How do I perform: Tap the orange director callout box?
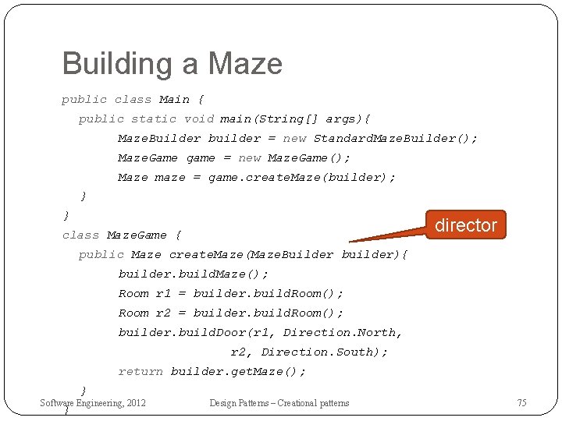tap(465, 225)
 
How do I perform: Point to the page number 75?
tap(521, 403)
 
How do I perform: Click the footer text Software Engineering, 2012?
tap(93, 403)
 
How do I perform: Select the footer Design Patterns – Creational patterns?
tap(279, 403)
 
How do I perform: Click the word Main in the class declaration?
tap(174, 100)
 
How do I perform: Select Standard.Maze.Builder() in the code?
tap(395, 139)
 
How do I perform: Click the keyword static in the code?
tap(154, 119)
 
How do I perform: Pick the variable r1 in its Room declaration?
tap(163, 294)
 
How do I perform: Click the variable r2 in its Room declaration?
tap(163, 313)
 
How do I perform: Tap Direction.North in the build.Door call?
tap(342, 333)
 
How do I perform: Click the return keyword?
tap(140, 372)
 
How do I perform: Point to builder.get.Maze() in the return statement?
tap(238, 372)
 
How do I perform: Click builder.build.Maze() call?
tap(193, 274)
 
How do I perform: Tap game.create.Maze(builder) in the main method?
tap(301, 178)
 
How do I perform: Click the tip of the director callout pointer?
tap(350, 241)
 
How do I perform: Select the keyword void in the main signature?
tap(198, 119)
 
